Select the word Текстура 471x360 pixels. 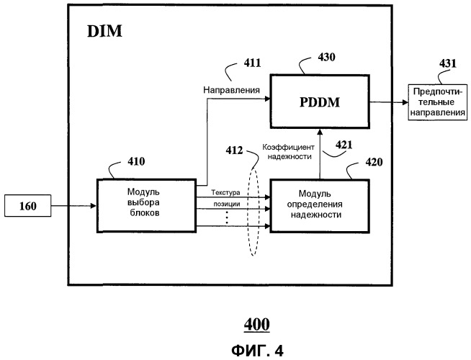click(x=225, y=193)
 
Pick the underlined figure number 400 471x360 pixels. click(x=256, y=325)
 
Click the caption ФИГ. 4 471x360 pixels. click(x=256, y=351)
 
